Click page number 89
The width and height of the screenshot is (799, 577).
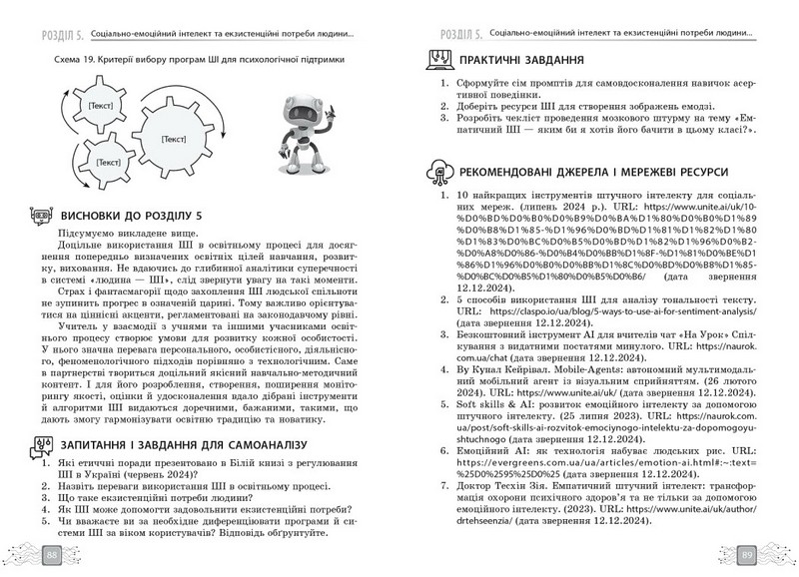click(747, 554)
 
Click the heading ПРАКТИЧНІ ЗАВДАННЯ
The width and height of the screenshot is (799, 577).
click(529, 58)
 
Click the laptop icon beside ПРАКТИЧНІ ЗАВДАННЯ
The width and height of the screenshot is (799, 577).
click(436, 58)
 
